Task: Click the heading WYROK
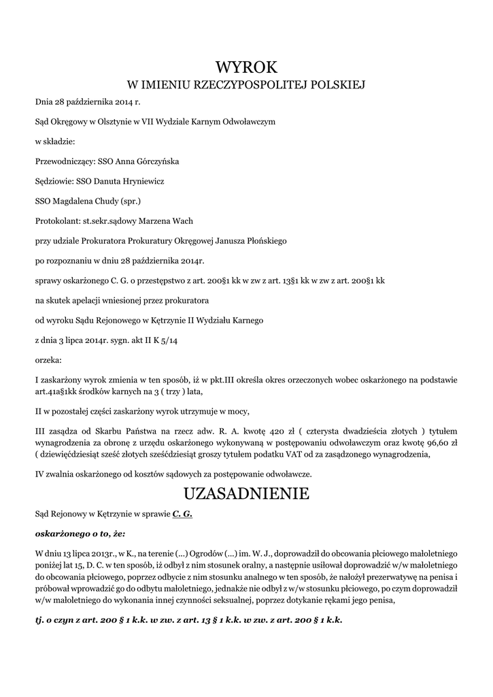tap(247, 67)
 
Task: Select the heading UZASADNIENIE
tap(246, 493)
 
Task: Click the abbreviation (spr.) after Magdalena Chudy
tap(130, 201)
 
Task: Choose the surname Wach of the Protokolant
tap(182, 221)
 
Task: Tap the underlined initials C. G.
tap(182, 514)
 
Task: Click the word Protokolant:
tap(57, 221)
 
